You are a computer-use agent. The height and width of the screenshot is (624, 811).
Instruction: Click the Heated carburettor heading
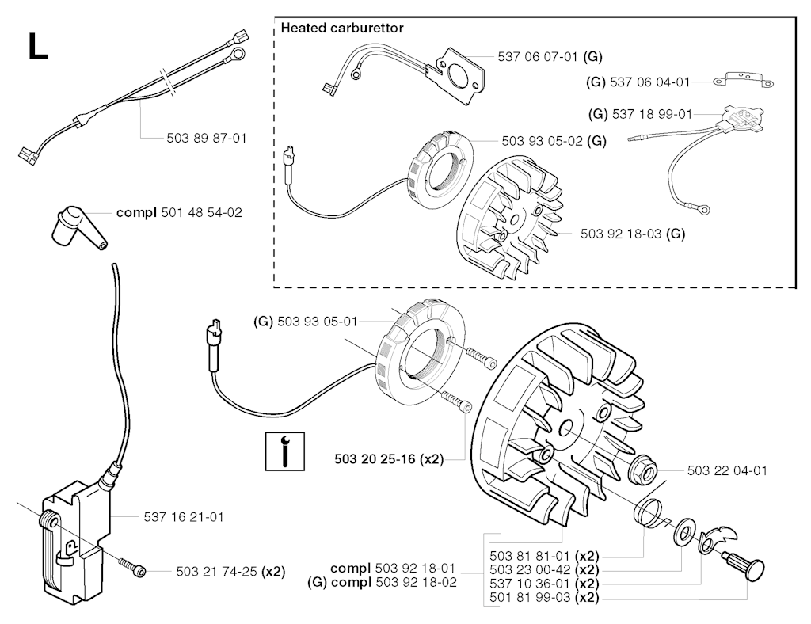pyautogui.click(x=342, y=28)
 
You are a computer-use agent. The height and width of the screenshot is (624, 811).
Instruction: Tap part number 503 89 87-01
pyautogui.click(x=207, y=138)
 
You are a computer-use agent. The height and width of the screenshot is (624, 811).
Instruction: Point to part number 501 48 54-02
pyautogui.click(x=202, y=212)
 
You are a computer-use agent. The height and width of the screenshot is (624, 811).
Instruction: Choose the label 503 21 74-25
pyautogui.click(x=217, y=571)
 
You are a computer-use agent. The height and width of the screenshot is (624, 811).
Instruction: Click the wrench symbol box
pyautogui.click(x=285, y=451)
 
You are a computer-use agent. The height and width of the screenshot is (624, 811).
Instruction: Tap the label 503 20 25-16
pyautogui.click(x=375, y=459)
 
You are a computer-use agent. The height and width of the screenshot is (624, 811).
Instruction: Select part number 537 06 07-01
pyautogui.click(x=538, y=56)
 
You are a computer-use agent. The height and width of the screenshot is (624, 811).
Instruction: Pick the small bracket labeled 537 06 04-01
pyautogui.click(x=743, y=80)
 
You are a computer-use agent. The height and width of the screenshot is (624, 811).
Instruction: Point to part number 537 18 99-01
pyautogui.click(x=653, y=114)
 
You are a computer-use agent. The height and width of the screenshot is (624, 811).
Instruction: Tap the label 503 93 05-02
pyautogui.click(x=542, y=141)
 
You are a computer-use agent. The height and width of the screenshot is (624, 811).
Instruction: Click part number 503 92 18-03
pyautogui.click(x=621, y=234)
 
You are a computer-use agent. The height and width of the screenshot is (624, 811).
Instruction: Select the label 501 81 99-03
pyautogui.click(x=530, y=598)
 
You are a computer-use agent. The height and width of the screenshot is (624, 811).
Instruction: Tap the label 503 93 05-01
pyautogui.click(x=318, y=322)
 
